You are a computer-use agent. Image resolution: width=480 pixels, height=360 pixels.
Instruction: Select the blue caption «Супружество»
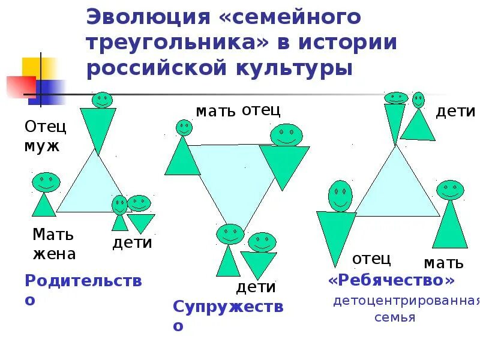click(227, 316)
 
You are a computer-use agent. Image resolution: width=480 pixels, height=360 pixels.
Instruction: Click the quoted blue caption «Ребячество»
click(391, 280)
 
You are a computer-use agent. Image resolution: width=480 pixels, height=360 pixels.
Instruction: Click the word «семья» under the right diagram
click(395, 317)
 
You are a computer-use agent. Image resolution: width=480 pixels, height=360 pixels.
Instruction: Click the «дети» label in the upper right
click(455, 112)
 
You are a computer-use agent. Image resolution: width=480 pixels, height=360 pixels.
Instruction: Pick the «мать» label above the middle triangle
click(215, 112)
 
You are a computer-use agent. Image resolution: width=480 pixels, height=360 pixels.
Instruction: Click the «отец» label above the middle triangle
click(261, 110)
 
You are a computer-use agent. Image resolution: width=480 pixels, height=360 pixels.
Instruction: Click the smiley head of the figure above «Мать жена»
click(46, 182)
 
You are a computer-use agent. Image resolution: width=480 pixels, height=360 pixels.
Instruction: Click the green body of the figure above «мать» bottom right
click(450, 225)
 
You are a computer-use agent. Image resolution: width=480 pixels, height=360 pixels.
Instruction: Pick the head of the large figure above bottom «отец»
click(340, 196)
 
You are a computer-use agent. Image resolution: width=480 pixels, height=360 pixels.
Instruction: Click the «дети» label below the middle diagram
click(256, 287)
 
